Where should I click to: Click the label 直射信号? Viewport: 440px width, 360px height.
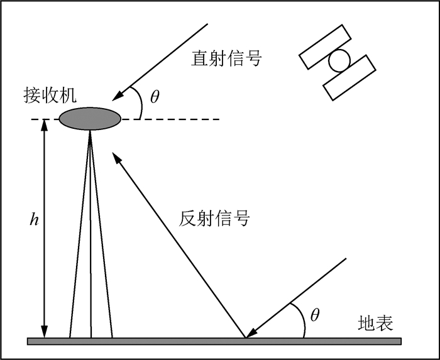point(226,59)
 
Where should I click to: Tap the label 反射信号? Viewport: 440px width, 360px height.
point(214,219)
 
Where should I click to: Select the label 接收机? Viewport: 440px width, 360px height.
point(48,95)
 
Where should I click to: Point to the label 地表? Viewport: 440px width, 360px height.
point(375,324)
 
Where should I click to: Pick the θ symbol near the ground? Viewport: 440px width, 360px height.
point(315,315)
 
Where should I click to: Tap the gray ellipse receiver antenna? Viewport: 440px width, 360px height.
point(90,118)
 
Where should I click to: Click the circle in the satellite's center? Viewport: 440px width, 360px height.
point(338,62)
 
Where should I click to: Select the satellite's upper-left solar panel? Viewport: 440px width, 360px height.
point(324,47)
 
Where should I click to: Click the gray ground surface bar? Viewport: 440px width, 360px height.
point(214,341)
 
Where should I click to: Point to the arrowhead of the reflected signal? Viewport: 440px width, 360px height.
point(114,156)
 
